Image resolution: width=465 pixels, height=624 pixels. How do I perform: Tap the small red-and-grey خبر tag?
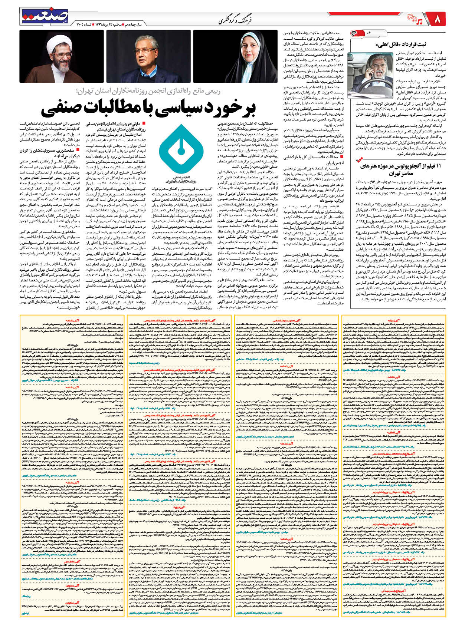(x=361, y=34)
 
